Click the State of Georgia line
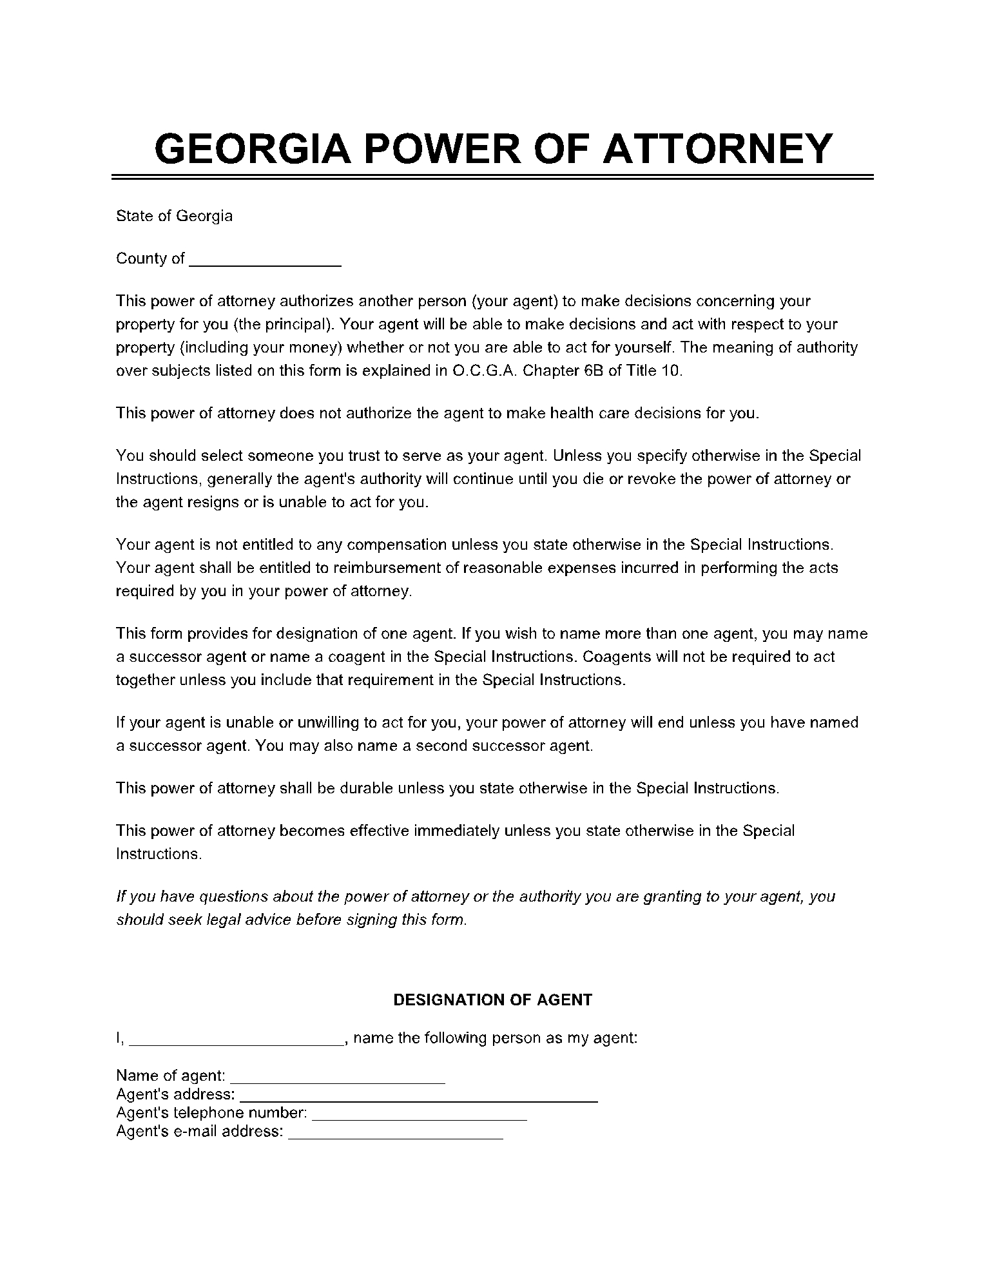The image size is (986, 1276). (x=174, y=216)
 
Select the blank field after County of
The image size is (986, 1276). (x=266, y=259)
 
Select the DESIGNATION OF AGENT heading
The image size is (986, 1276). (x=492, y=1000)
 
